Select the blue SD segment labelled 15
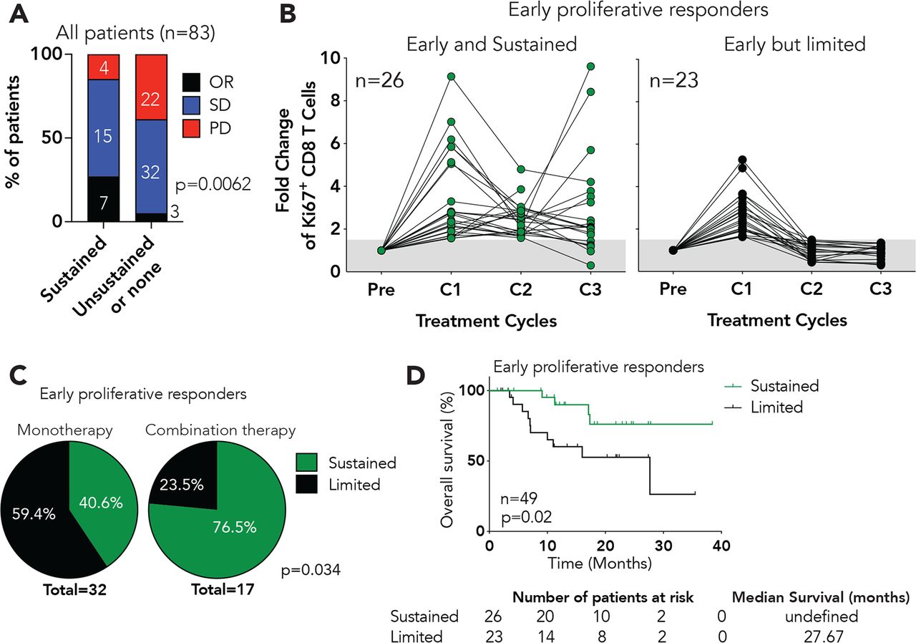104,136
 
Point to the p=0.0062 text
213,186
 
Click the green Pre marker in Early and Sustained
381,250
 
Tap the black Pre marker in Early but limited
673,250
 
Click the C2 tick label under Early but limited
777,289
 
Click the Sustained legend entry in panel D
784,386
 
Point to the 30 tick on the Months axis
663,546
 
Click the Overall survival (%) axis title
449,458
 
